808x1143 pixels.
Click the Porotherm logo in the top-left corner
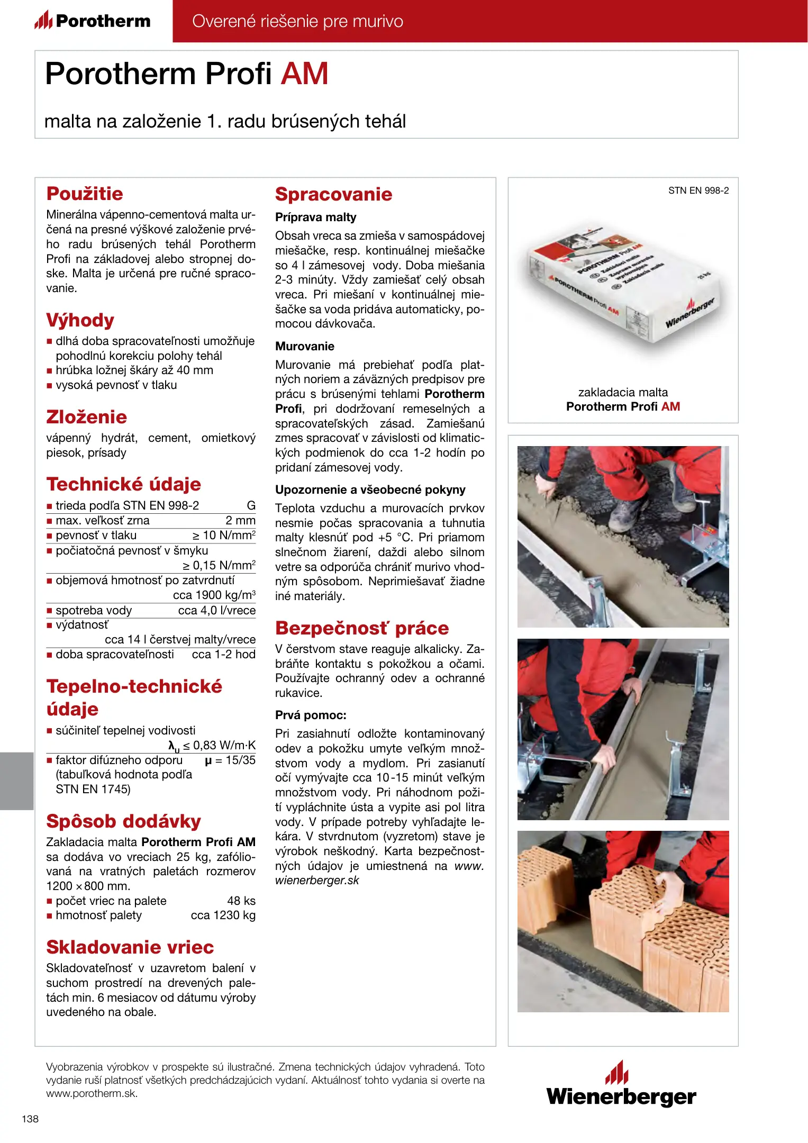93,21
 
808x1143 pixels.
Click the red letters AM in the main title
304,74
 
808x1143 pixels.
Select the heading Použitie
85,194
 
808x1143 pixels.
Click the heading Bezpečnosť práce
361,628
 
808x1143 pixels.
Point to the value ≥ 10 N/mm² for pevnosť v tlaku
224,536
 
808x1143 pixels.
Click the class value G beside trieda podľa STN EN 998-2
251,506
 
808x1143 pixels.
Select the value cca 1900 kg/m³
214,595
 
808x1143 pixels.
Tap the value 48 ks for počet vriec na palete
241,901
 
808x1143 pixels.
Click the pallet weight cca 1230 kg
223,915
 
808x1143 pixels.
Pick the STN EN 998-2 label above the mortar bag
698,190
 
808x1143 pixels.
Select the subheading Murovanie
305,347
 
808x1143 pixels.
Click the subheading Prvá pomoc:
311,715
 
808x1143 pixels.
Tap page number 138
30,1119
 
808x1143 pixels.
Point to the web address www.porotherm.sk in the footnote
92,1093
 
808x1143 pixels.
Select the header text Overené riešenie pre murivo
297,21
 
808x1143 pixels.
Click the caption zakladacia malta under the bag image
623,393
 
